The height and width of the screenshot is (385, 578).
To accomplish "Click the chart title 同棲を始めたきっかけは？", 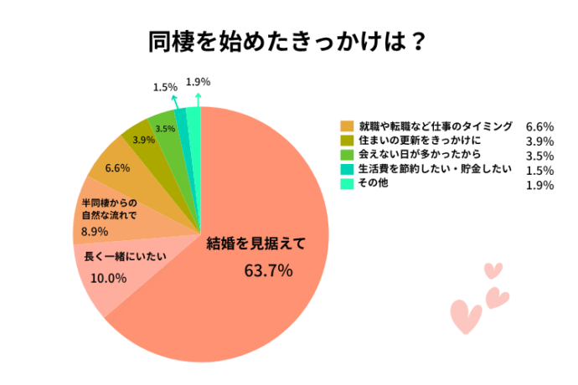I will pos(288,41).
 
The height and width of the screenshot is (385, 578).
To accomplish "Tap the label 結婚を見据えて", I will pos(256,244).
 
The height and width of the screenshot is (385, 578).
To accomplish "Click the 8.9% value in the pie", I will pos(95,230).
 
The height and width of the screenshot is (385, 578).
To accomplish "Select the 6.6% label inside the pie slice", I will pos(117,168).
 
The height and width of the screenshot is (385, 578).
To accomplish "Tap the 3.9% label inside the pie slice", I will pos(143,140).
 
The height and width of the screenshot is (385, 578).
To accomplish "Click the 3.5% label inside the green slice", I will pos(165,129).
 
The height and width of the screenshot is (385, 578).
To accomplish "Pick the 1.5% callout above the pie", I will pos(164,87).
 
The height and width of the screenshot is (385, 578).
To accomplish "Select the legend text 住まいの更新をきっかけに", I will pos(416,141).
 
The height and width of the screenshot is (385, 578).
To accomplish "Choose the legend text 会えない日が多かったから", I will pos(417,155).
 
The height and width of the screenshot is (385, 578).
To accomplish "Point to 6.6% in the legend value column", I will pos(539,127).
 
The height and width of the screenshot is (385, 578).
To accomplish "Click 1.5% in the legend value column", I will pos(539,171).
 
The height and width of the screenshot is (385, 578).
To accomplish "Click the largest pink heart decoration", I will pos(466,317).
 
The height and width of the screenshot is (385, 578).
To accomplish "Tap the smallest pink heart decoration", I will pos(493,270).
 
